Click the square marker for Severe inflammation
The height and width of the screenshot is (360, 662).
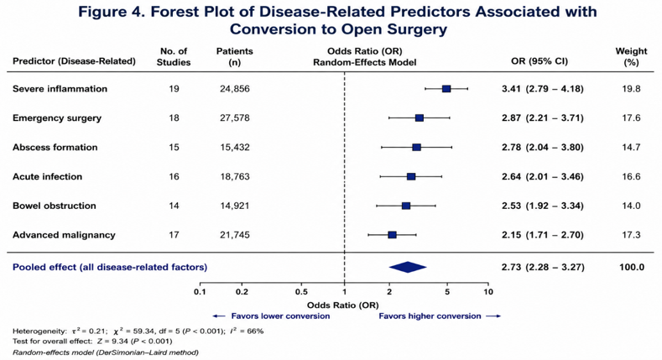click(x=446, y=89)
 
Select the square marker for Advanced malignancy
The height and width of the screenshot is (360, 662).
click(x=392, y=235)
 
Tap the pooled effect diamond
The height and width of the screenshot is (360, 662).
click(x=408, y=267)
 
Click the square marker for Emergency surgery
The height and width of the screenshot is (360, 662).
click(x=420, y=117)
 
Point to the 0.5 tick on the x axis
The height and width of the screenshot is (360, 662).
click(x=301, y=284)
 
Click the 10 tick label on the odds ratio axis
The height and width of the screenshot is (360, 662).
click(x=488, y=292)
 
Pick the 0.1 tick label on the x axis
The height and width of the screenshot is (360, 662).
click(x=201, y=292)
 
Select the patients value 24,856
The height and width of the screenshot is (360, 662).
click(x=235, y=89)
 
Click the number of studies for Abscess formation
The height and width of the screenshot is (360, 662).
click(x=174, y=148)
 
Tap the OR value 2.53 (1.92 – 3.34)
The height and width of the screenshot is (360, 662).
click(x=543, y=206)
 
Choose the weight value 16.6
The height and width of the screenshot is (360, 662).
click(x=631, y=176)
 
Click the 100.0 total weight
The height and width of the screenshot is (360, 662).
click(x=632, y=267)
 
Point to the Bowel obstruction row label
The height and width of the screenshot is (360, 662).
click(x=55, y=206)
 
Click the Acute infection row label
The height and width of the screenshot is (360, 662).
click(x=47, y=176)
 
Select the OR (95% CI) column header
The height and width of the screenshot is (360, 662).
click(x=540, y=61)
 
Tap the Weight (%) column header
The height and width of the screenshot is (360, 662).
click(x=631, y=56)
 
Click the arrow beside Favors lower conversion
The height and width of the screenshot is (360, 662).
click(x=219, y=316)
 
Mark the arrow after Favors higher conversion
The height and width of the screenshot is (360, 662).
click(x=493, y=316)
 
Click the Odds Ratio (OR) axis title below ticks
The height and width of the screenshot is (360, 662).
click(x=343, y=305)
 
